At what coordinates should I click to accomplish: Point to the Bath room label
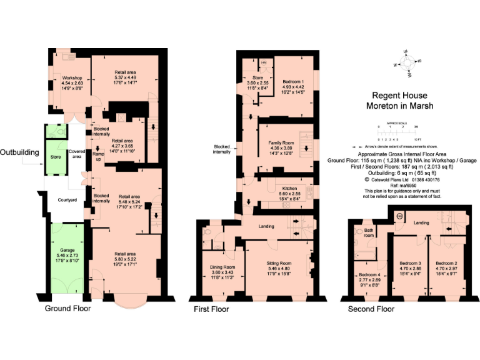tap(369, 232)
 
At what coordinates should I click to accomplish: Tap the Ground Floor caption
tap(68, 308)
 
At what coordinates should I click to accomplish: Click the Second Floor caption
tap(372, 309)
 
